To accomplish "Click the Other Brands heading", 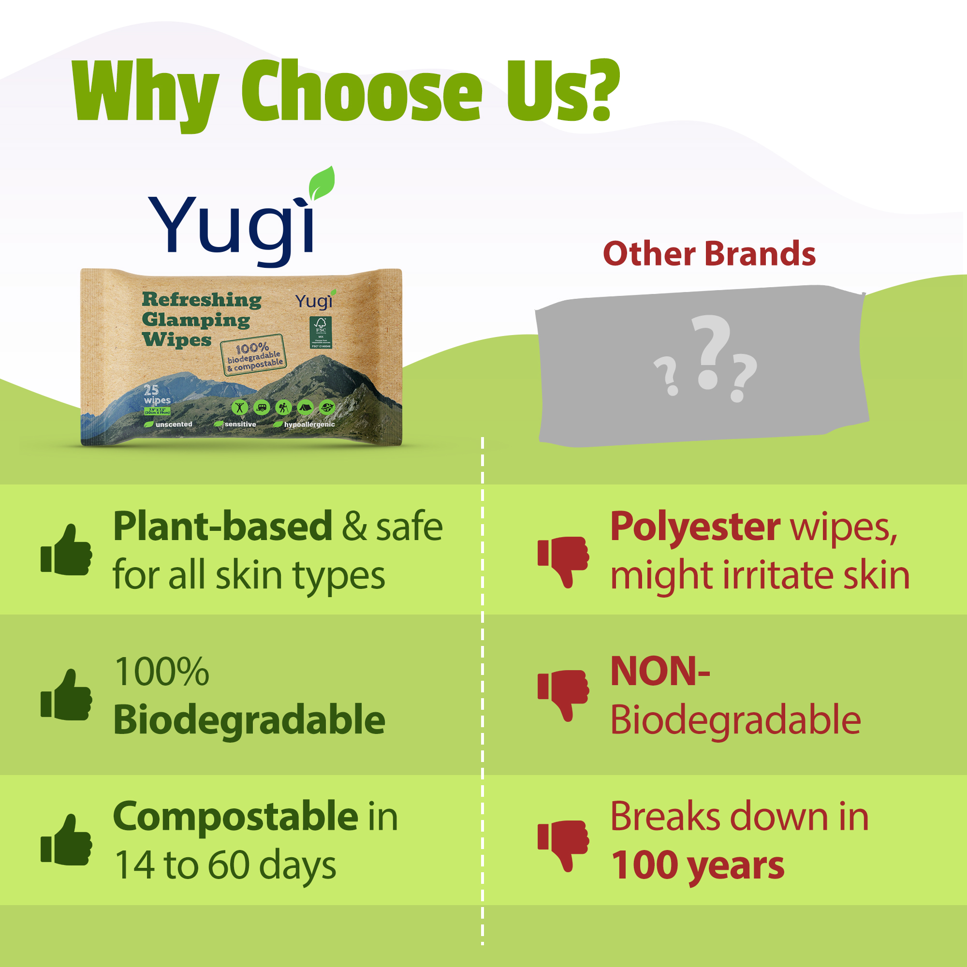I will point(709,254).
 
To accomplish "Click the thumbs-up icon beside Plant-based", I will point(67,550).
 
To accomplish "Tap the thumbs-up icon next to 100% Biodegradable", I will point(67,695).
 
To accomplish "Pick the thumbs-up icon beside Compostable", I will point(67,840).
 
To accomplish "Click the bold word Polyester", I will point(695,527).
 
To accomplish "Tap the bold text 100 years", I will point(698,865).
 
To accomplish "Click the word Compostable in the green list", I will point(236,816).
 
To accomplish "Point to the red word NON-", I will point(660,672).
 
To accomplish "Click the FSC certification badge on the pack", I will point(321,332).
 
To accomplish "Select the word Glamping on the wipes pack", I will point(196,320).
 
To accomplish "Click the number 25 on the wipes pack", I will point(151,390).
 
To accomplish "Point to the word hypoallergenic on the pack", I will point(309,425).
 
